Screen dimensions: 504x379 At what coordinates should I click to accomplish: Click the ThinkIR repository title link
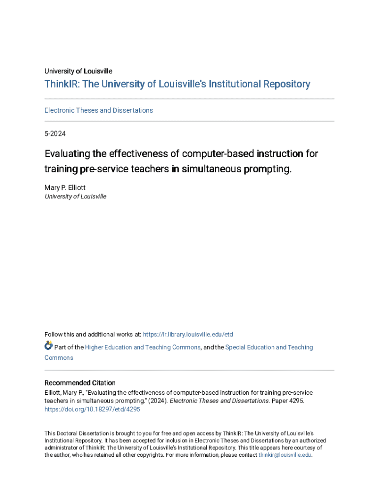point(177,84)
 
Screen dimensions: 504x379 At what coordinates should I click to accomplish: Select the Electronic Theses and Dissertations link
point(98,110)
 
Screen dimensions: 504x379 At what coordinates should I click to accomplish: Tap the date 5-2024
point(55,133)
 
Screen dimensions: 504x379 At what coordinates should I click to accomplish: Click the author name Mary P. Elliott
point(65,188)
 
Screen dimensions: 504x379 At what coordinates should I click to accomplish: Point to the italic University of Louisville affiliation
point(75,196)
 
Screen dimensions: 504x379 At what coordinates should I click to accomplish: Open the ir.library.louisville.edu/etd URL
point(188,335)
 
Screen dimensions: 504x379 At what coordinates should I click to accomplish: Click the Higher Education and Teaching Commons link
point(143,347)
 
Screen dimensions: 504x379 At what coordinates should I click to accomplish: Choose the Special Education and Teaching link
point(269,347)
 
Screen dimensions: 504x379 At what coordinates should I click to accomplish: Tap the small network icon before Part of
point(49,346)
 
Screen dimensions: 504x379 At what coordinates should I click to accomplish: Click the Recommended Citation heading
point(80,383)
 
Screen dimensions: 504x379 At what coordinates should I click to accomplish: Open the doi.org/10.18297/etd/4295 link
point(93,409)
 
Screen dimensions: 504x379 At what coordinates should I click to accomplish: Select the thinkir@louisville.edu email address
point(285,455)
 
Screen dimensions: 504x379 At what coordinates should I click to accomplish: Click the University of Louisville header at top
point(78,71)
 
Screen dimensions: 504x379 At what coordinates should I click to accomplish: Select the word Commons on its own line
point(59,358)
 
